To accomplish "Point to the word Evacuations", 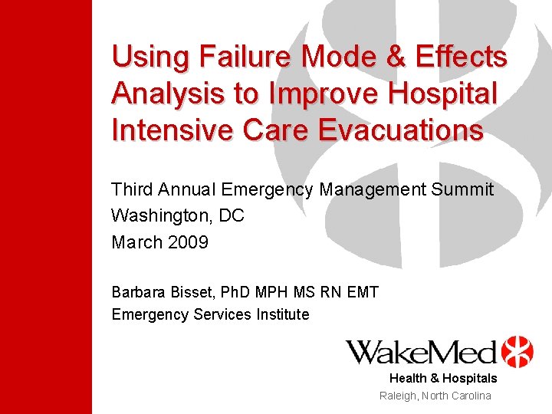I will (x=398, y=130).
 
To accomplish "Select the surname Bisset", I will (x=192, y=292).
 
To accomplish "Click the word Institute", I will (x=280, y=314).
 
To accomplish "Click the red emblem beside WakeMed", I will (x=517, y=352).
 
